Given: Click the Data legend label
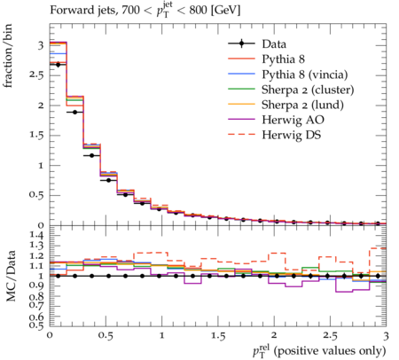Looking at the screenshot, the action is click(274, 44).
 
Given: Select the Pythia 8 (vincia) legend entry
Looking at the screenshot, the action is click(305, 74).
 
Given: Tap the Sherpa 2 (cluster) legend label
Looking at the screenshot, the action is click(308, 90).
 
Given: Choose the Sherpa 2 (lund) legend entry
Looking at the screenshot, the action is click(302, 105).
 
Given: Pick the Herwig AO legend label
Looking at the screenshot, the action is click(293, 120).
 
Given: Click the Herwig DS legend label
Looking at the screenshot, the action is click(292, 135).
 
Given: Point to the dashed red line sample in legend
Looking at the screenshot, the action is click(241, 134).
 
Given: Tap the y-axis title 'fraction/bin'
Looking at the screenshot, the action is click(8, 56).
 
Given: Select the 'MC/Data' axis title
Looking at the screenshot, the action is click(11, 276).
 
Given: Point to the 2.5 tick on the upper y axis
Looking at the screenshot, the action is click(36, 75).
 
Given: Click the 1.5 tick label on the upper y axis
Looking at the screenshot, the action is click(36, 135).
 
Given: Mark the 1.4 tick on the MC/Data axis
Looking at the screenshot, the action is click(36, 236).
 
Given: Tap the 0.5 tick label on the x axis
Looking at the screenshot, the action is click(106, 336).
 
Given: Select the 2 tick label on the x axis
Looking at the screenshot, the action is click(274, 336).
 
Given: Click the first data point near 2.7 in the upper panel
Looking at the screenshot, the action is click(58, 65).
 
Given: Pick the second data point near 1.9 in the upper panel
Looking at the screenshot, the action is click(74, 112).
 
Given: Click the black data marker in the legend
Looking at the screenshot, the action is click(241, 43).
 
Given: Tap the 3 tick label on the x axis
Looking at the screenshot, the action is click(386, 336).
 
